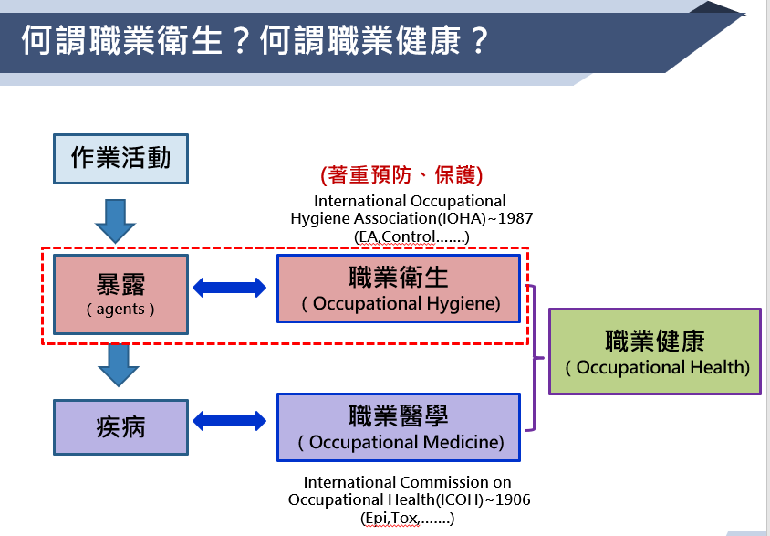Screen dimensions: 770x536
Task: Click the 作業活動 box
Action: (120, 159)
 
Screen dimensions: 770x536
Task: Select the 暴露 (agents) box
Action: (120, 294)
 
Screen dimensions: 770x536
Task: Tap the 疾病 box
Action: (120, 427)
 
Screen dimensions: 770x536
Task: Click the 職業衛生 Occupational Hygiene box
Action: (399, 289)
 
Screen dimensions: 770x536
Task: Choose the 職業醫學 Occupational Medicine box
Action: (399, 427)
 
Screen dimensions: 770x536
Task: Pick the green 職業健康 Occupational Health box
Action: (655, 352)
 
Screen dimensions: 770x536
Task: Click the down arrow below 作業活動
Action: (115, 221)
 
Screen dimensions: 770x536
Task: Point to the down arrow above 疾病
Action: (119, 364)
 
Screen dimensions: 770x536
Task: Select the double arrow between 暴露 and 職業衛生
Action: (229, 288)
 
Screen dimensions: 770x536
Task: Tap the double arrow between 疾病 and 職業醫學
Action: (229, 421)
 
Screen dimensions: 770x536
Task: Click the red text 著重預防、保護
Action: (401, 175)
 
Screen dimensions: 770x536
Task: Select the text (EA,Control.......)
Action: (411, 236)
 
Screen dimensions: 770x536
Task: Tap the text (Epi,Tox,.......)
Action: (407, 519)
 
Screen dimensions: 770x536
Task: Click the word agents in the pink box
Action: (120, 310)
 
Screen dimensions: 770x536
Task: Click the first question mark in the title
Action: (240, 40)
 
